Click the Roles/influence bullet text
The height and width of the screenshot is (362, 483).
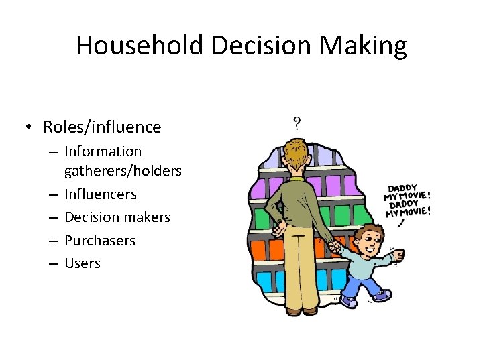coord(102,127)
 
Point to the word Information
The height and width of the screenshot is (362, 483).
coord(103,152)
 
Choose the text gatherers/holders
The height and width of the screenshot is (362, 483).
coord(123,171)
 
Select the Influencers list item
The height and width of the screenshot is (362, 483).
coord(100,194)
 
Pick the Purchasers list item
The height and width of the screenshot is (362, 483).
coord(99,240)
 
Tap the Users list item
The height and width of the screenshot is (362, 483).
coord(82,263)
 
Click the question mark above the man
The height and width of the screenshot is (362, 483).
coord(297,123)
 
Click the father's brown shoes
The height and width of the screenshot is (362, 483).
coord(301,310)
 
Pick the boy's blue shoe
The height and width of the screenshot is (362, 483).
coord(348,302)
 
